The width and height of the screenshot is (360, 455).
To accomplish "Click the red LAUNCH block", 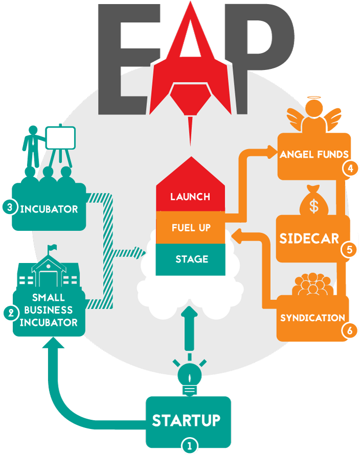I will [x=190, y=197].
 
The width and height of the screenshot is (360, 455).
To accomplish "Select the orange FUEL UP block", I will [x=190, y=227].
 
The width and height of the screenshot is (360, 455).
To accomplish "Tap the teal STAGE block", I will [x=190, y=259].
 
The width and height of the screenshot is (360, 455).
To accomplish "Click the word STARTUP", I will [x=186, y=420].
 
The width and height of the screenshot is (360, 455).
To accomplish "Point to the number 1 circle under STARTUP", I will [x=189, y=445].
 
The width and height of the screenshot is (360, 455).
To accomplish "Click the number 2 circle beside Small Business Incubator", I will [x=9, y=312].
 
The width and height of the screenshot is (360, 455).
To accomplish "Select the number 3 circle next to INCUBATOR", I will [x=9, y=207].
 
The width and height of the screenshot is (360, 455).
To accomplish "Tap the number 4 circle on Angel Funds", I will [x=350, y=167].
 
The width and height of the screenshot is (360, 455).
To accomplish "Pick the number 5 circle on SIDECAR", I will [x=350, y=250].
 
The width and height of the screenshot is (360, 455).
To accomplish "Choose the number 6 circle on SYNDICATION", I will [x=350, y=330].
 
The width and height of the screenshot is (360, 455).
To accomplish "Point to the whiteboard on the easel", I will [x=60, y=137].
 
